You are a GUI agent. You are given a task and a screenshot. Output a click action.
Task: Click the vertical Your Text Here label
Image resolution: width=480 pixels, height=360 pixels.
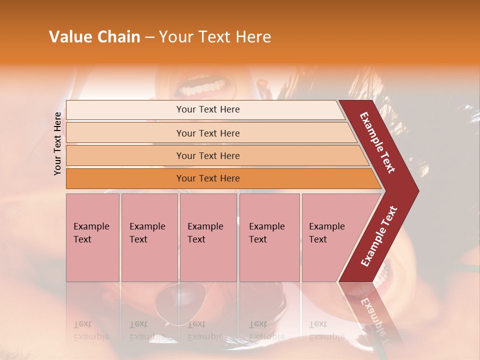pyautogui.click(x=57, y=143)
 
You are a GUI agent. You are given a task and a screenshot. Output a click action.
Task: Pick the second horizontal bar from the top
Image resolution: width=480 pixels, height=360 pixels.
pyautogui.click(x=207, y=133)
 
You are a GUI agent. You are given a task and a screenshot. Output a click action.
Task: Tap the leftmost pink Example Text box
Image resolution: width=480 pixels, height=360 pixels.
pyautogui.click(x=92, y=237)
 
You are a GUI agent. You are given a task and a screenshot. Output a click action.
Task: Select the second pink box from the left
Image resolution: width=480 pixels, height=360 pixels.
pyautogui.click(x=149, y=237)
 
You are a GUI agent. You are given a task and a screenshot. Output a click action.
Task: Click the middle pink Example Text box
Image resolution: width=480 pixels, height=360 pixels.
pyautogui.click(x=208, y=237)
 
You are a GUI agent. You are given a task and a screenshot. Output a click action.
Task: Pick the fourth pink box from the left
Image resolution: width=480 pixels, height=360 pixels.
pyautogui.click(x=269, y=237)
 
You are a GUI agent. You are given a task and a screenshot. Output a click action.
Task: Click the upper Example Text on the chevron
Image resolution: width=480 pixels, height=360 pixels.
pyautogui.click(x=378, y=142)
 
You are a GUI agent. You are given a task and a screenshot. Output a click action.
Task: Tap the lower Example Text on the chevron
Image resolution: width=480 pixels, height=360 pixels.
pyautogui.click(x=379, y=236)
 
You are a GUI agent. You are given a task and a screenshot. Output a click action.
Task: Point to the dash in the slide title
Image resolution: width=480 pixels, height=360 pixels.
pyautogui.click(x=149, y=37)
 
